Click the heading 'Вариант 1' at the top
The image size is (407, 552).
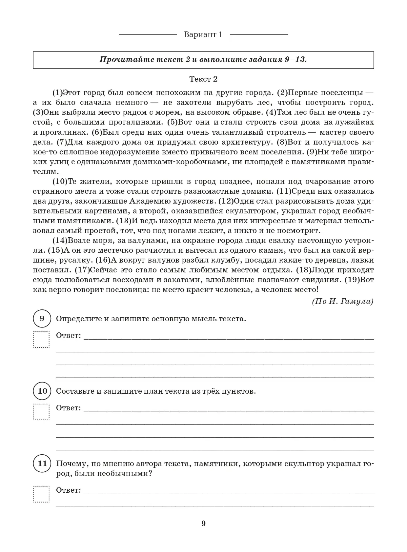pos(203,34)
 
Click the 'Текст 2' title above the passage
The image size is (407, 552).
pos(203,79)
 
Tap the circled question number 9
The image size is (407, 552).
pos(42,318)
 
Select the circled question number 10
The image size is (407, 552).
pos(42,391)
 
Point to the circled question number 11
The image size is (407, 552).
pos(42,463)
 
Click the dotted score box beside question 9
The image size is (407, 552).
pos(41,339)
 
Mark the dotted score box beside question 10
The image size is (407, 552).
pos(41,412)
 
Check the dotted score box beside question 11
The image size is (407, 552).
pos(41,494)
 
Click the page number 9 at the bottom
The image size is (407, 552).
pos(203,523)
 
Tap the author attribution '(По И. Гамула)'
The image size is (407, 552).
pos(342,301)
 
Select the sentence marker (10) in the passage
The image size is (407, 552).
pos(60,182)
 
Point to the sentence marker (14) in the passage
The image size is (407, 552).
pos(60,241)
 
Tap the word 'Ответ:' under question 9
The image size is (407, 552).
pos(68,336)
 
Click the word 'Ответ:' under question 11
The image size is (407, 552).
pos(68,490)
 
